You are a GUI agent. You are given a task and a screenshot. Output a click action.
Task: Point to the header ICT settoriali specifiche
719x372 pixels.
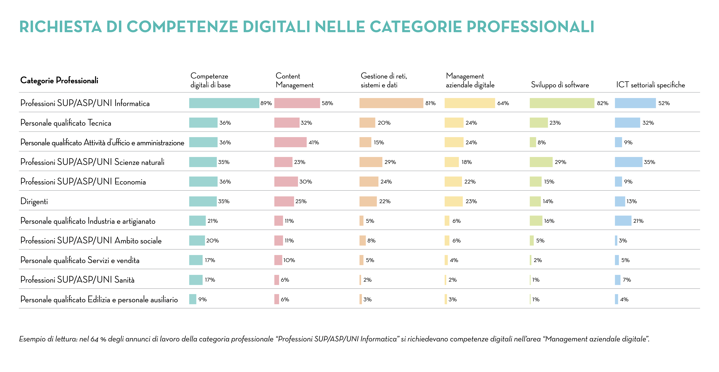pos(650,85)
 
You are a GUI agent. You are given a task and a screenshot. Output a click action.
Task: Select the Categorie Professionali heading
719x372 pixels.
pos(59,80)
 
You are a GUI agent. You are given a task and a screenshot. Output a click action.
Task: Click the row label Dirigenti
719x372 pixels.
pos(34,201)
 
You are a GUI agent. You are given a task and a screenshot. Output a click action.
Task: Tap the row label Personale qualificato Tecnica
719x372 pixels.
pos(66,123)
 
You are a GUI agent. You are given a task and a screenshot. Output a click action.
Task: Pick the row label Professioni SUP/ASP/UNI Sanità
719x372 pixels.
pos(77,280)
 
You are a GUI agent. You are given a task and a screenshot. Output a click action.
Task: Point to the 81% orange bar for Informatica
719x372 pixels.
pos(391,103)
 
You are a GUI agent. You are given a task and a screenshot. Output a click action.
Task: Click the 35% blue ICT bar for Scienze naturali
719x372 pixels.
pos(628,162)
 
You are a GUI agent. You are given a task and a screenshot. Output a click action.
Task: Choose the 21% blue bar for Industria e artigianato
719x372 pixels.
pos(623,221)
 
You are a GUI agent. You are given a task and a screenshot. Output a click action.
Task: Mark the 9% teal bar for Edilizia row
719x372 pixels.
pos(193,299)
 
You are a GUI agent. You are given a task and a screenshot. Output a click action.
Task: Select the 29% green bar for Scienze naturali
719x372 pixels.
pos(541,162)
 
